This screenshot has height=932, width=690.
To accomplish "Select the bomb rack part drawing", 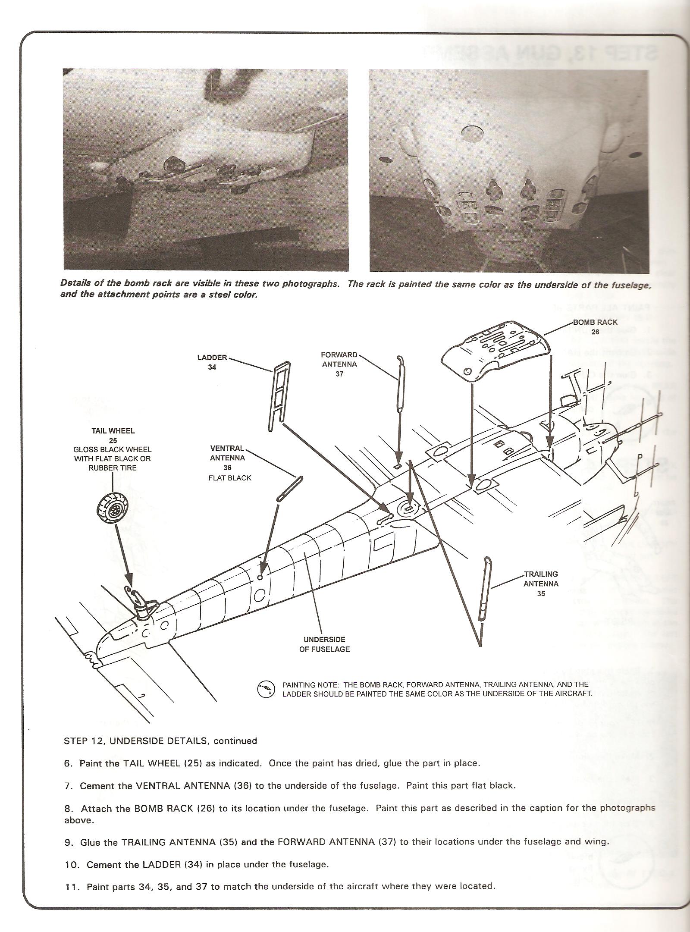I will click(x=496, y=350).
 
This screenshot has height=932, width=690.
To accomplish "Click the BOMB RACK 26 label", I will click(x=595, y=327).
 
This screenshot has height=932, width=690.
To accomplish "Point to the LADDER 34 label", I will click(x=212, y=362).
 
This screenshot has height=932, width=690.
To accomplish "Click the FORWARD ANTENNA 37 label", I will click(x=339, y=364).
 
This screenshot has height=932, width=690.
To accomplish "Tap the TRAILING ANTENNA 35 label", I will click(x=541, y=584).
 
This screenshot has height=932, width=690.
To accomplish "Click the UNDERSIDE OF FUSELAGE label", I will click(x=324, y=644).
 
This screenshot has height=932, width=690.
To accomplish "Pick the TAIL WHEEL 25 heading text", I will click(x=113, y=436).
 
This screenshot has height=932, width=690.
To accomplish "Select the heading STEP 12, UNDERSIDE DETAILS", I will click(x=160, y=741).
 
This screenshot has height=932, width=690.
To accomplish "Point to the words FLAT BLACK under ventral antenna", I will click(x=229, y=478).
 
